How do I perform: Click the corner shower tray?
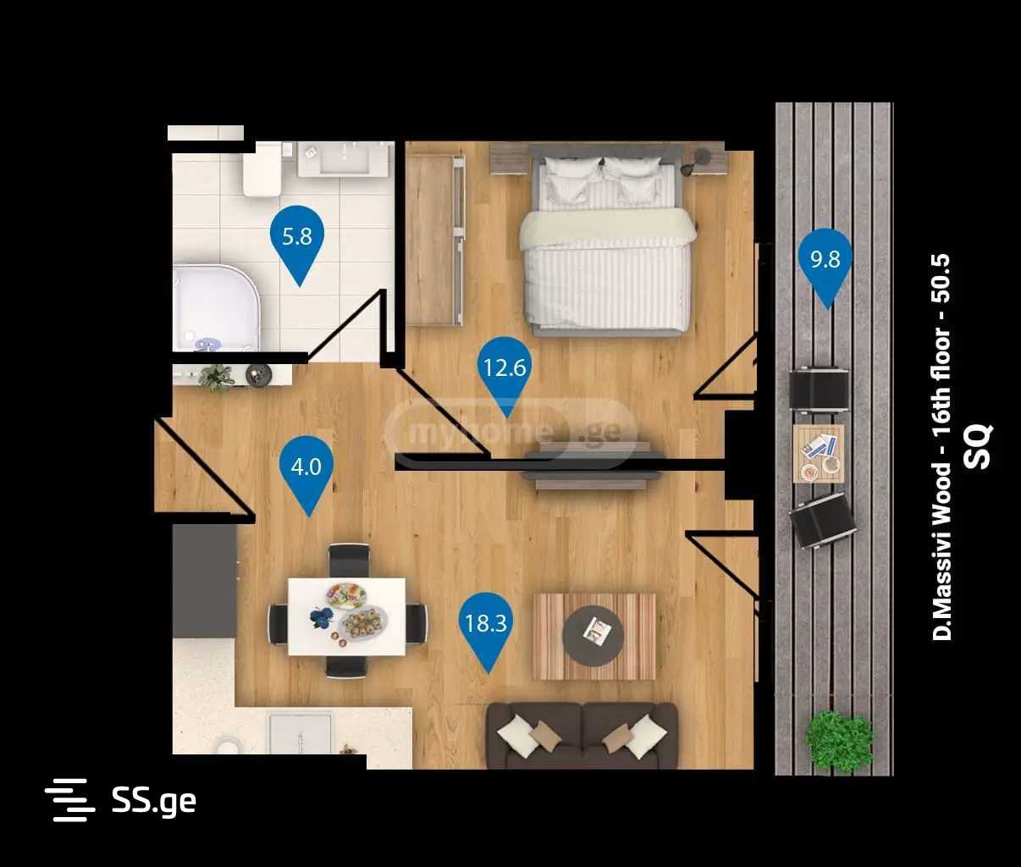[x=215, y=308]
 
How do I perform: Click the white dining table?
[x=347, y=616]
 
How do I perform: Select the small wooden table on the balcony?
[x=819, y=454]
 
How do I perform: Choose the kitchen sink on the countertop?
[x=300, y=733]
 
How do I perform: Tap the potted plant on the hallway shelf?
[x=216, y=378]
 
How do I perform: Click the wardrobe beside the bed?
[x=434, y=240]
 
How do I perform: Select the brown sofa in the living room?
[x=582, y=736]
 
